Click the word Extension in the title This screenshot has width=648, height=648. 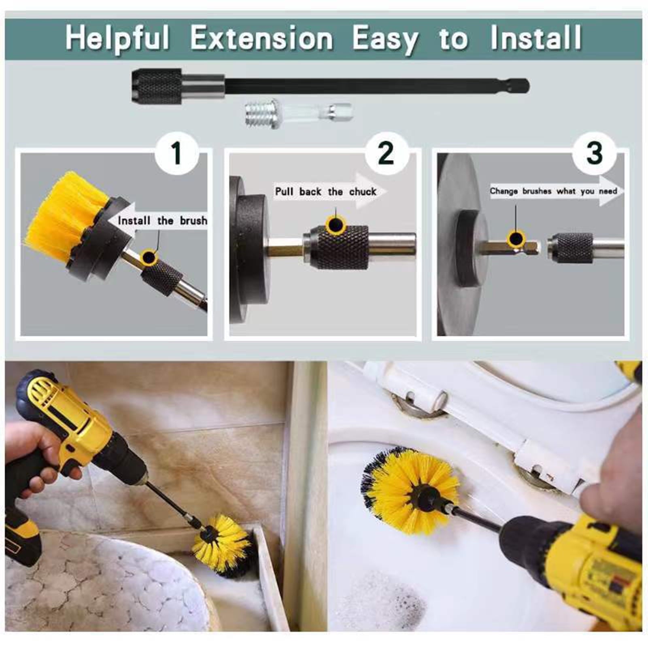pos(261,38)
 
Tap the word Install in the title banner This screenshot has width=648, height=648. pos(536,38)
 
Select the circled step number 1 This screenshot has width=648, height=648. pos(177,153)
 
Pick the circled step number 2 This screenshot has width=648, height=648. pos(386,153)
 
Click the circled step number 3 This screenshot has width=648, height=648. pos(594,153)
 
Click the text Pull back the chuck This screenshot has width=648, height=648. pos(325,191)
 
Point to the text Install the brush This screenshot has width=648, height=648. pos(162,221)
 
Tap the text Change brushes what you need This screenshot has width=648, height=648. pos(553,191)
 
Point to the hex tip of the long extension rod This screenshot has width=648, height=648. pos(522,86)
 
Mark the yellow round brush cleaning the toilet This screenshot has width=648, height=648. pos(409,490)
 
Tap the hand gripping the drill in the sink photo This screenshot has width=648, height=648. pos(36,457)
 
